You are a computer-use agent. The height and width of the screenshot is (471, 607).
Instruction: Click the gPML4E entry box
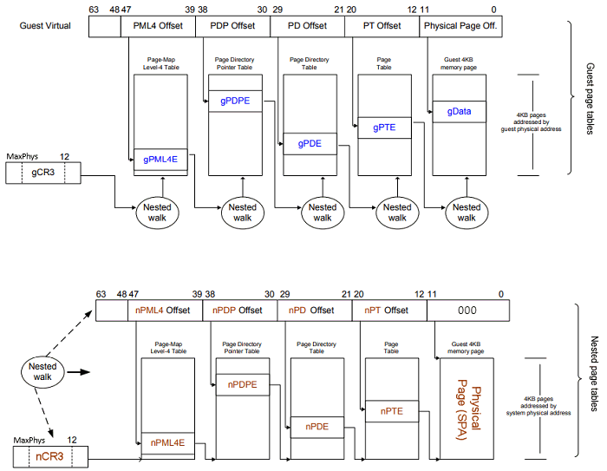161,159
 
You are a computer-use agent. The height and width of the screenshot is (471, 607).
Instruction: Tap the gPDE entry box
310,143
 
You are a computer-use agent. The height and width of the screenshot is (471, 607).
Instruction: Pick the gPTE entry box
384,128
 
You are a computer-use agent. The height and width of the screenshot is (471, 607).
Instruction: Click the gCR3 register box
41,173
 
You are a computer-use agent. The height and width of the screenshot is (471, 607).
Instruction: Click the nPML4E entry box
168,442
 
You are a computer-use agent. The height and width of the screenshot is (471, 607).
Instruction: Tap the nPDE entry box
317,426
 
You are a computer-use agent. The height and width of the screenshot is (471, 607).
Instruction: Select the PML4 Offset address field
158,26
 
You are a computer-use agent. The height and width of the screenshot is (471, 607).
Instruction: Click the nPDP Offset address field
239,310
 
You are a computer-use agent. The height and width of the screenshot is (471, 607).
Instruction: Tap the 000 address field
468,310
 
